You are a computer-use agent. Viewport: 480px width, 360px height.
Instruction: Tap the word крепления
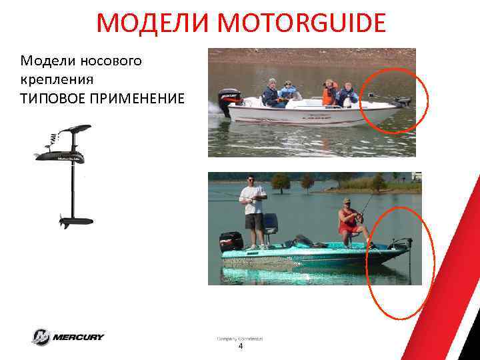pyautogui.click(x=57, y=79)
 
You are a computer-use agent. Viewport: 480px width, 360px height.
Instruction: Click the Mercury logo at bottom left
pyautogui.click(x=67, y=337)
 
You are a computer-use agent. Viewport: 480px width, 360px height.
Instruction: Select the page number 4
pyautogui.click(x=241, y=347)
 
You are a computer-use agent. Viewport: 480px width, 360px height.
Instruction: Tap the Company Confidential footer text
pyautogui.click(x=240, y=339)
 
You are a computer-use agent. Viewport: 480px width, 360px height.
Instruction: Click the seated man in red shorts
pyautogui.click(x=349, y=220)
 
